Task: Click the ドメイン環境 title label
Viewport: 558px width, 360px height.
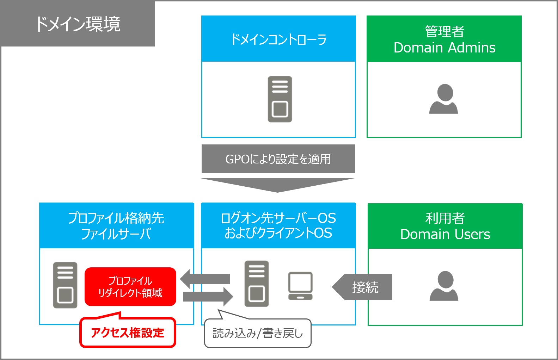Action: [x=78, y=24]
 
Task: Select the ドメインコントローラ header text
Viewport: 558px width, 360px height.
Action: [x=278, y=39]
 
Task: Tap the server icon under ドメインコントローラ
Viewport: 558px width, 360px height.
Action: [x=280, y=99]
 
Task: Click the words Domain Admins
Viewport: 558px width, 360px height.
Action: [x=444, y=48]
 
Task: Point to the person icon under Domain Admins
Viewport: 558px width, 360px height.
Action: [x=443, y=99]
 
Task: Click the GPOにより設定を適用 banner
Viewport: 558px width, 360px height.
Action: [x=278, y=159]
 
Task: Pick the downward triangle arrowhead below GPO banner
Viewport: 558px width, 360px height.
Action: [x=278, y=185]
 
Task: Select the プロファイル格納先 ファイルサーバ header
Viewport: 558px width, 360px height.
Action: [x=116, y=226]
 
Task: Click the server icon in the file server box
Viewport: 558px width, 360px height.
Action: [x=65, y=285]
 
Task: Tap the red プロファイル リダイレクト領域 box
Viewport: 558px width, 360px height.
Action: [x=130, y=287]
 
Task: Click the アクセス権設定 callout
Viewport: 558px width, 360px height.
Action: [x=128, y=333]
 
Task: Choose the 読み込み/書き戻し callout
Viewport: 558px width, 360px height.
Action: [x=258, y=333]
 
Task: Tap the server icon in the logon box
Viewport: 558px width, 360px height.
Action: [x=257, y=284]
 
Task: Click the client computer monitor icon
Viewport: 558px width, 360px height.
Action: [x=300, y=286]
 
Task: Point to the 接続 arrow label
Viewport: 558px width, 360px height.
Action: [x=365, y=287]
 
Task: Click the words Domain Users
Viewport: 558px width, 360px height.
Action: [x=445, y=235]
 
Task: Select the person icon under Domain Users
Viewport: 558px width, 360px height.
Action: [x=444, y=286]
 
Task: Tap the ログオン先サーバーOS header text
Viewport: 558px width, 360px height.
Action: [x=278, y=218]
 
